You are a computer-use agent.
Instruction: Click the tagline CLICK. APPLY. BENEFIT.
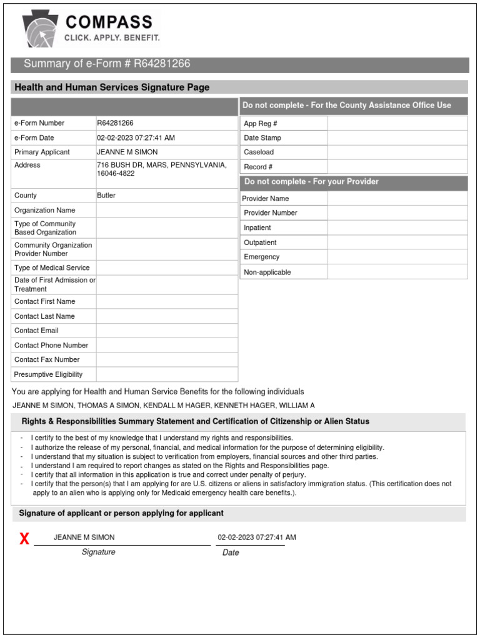(112, 38)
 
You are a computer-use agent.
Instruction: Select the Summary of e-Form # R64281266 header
(107, 64)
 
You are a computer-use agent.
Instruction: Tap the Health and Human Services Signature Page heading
(112, 87)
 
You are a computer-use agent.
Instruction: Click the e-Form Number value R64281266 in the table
(115, 123)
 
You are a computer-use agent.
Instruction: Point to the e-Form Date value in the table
(136, 137)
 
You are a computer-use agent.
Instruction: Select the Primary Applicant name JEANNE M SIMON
(127, 152)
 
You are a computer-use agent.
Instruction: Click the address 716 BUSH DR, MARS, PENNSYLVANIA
(161, 165)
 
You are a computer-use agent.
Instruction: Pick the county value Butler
(106, 195)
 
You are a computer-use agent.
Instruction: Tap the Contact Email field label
(36, 331)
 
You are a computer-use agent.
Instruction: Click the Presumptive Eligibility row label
(48, 374)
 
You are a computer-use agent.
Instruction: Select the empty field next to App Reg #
(397, 124)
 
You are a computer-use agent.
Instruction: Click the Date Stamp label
(262, 138)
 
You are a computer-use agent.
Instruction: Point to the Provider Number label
(271, 213)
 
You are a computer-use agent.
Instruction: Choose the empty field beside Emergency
(397, 257)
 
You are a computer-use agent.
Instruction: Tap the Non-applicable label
(267, 272)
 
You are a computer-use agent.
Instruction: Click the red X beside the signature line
(24, 539)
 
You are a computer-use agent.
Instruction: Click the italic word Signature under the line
(98, 552)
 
